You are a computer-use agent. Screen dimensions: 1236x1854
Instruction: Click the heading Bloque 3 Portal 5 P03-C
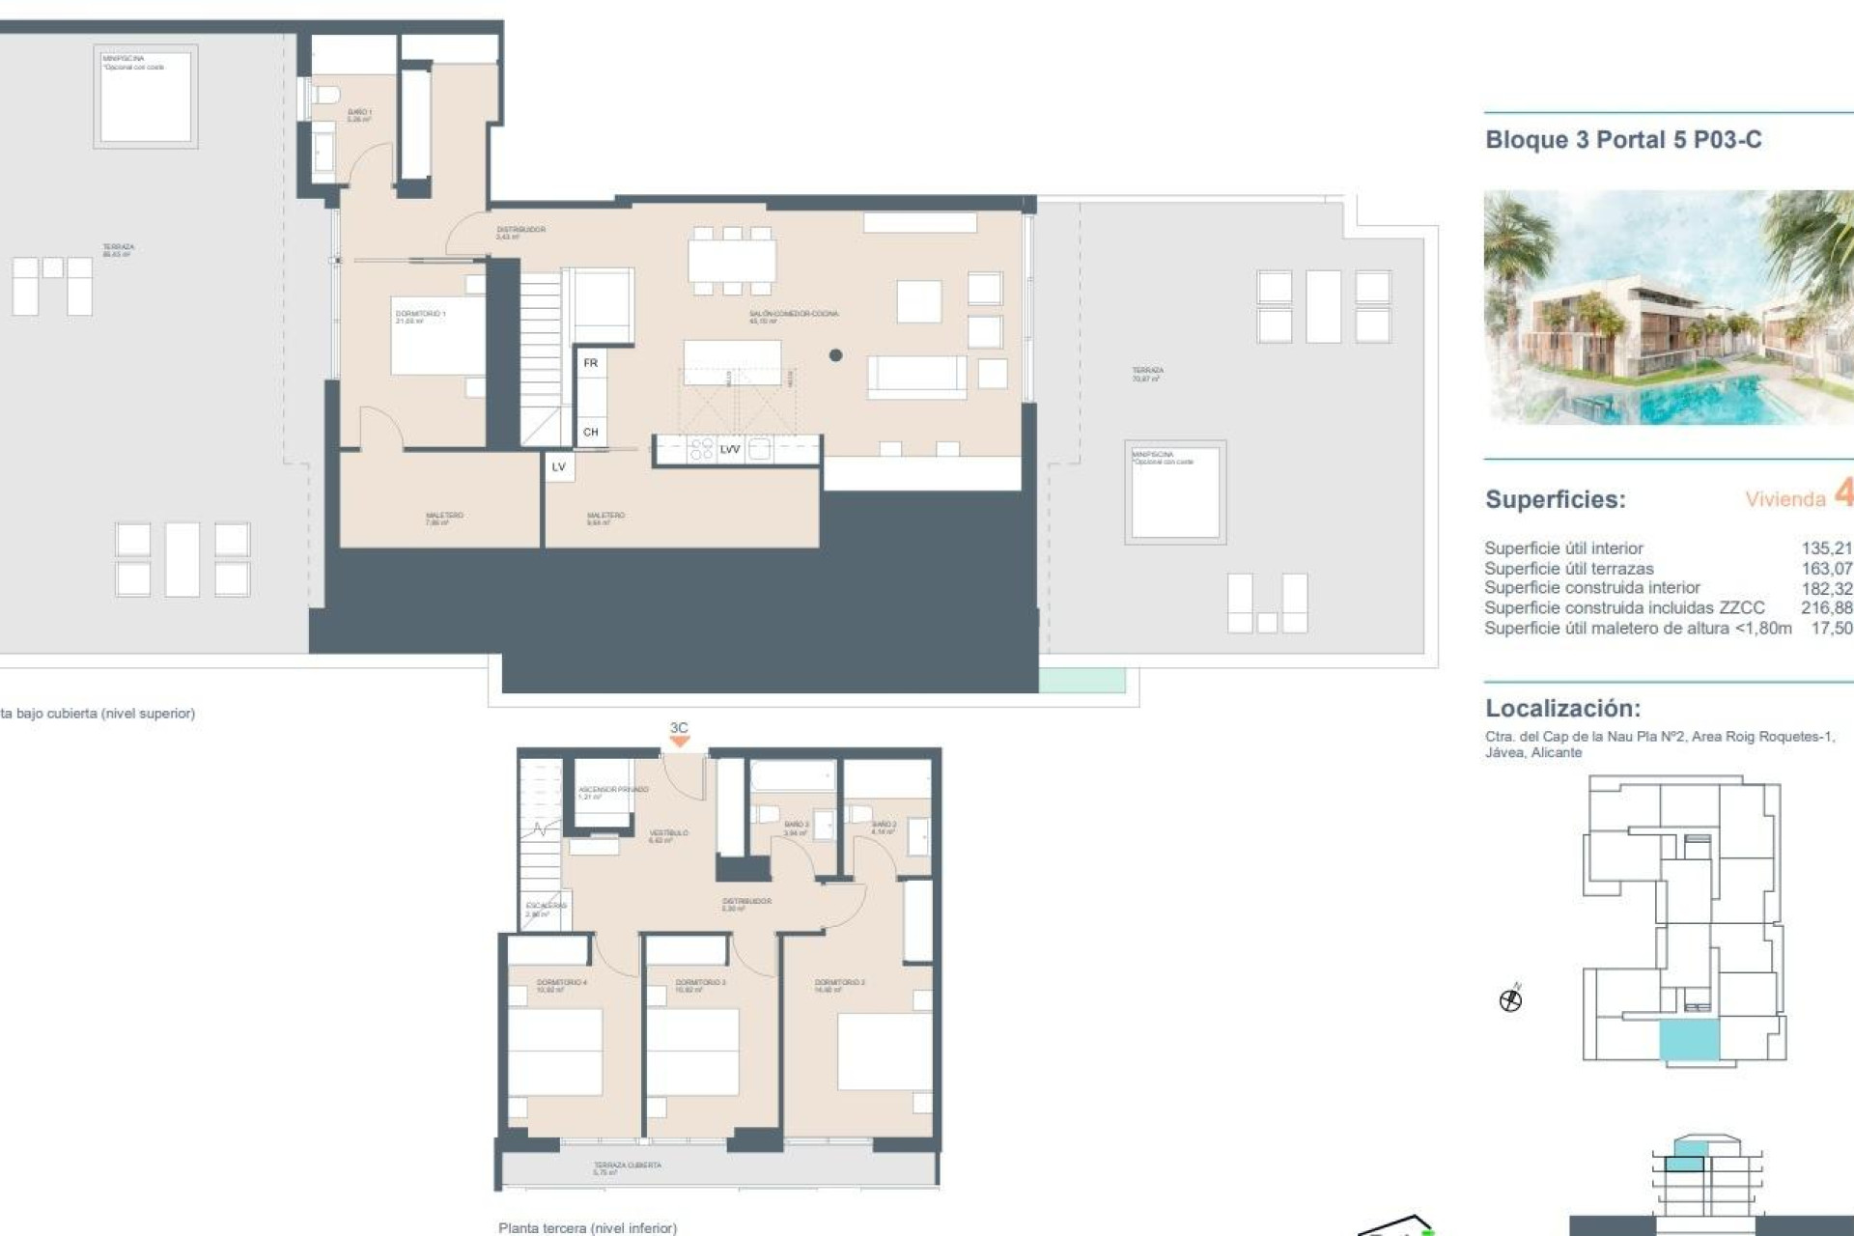(1622, 140)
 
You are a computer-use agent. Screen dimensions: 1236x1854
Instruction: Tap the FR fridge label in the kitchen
(591, 363)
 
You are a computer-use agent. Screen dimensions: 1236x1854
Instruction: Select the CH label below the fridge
(591, 433)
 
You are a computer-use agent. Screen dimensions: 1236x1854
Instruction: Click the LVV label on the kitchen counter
(730, 449)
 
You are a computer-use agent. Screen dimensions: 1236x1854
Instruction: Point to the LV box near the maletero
(559, 467)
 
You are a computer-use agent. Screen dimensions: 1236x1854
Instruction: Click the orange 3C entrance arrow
(680, 741)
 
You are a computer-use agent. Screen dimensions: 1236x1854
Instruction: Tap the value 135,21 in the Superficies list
(1826, 548)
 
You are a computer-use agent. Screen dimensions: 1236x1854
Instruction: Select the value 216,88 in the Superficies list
(1826, 608)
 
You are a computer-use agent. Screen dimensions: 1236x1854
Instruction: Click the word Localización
(1562, 708)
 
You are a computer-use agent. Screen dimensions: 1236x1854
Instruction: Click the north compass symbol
(1510, 999)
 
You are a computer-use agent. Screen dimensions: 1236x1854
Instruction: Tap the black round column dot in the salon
(835, 355)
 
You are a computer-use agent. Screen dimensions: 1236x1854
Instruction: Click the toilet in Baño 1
(324, 96)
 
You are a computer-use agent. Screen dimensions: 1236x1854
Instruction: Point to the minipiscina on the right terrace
(1174, 492)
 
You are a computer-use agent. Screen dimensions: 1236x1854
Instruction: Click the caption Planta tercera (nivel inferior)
(587, 1228)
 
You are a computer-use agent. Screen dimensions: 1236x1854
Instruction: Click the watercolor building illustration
(1668, 307)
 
